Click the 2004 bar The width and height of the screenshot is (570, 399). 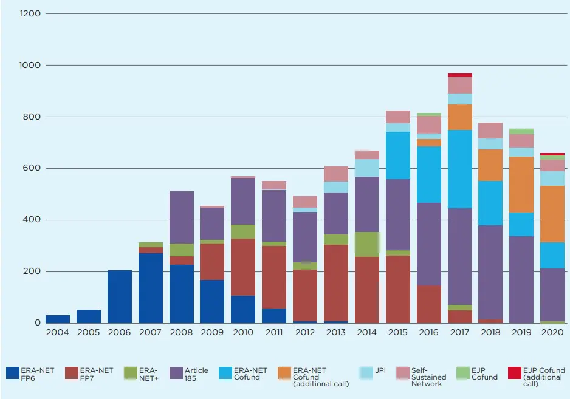58,319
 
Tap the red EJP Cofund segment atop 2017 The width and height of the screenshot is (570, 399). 460,75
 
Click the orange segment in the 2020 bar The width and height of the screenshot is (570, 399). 552,214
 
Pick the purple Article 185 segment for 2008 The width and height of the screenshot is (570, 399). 182,217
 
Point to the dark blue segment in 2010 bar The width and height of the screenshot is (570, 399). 244,309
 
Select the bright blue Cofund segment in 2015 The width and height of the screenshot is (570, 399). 398,155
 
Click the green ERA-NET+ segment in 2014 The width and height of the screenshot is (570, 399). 367,244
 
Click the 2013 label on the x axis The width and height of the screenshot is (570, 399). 336,332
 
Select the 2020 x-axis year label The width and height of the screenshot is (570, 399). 552,332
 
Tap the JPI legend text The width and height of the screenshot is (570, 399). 380,370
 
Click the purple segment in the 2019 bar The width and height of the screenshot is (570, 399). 522,279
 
